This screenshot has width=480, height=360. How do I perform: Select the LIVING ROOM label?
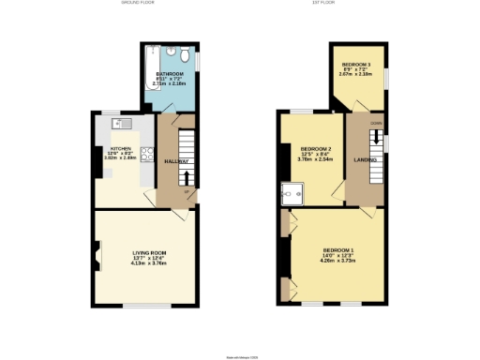[148, 251]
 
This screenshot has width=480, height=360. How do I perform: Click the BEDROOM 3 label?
[356, 66]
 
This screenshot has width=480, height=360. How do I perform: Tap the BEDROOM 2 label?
[316, 150]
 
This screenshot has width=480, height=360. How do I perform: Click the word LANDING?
[366, 160]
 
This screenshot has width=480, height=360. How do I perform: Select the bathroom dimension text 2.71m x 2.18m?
[170, 83]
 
